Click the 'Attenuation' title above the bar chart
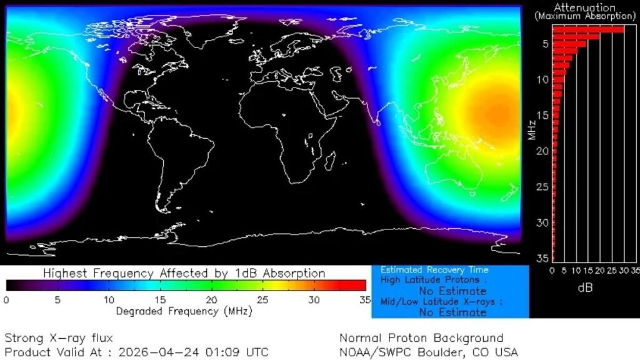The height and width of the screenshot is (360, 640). [x=584, y=7]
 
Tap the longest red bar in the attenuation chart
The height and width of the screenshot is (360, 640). [x=588, y=29]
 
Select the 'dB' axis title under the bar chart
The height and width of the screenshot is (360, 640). [x=585, y=287]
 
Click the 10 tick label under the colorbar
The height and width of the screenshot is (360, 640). [x=108, y=299]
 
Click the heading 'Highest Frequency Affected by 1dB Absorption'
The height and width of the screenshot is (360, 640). [x=184, y=273]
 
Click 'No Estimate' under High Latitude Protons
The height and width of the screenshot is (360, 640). [x=452, y=291]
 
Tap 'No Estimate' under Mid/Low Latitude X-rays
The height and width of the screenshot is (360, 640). [x=452, y=312]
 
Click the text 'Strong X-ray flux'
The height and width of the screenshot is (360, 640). [x=59, y=338]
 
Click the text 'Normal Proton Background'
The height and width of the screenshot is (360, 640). [x=421, y=338]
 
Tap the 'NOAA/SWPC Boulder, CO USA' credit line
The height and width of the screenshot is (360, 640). [x=429, y=352]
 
